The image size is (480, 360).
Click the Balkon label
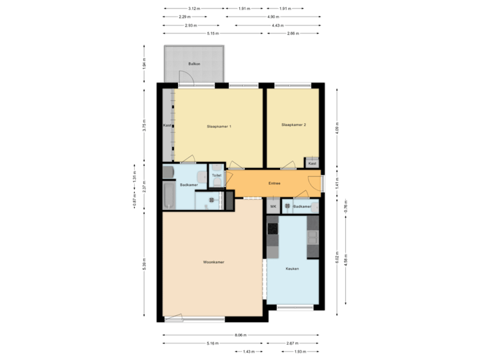tap(194, 64)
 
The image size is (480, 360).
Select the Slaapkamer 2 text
tap(294, 125)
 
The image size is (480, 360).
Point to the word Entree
tap(274, 183)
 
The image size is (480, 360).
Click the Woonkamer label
tap(214, 263)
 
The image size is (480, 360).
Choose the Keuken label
tap(292, 269)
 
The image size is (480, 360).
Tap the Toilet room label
tap(217, 175)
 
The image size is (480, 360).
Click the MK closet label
tap(273, 207)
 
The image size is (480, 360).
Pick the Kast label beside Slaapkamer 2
tap(312, 163)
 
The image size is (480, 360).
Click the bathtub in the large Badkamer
tap(168, 197)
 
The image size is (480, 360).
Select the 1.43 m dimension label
tap(248, 351)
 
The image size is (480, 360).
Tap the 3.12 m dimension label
tap(193, 9)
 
